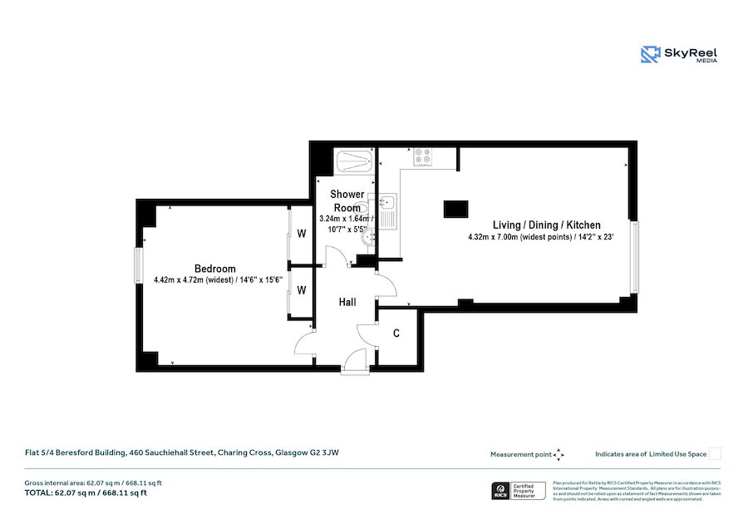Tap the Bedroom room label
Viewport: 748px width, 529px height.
[215, 269]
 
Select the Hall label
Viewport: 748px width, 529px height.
[347, 302]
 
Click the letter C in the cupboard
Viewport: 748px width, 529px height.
[396, 334]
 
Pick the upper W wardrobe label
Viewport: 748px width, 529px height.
[302, 234]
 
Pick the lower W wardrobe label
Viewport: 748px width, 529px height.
[302, 290]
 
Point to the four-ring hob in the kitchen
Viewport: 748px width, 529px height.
[423, 156]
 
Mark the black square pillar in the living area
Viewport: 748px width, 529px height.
[455, 210]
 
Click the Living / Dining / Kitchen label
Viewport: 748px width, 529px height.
[546, 225]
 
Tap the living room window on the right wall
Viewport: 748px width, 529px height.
[637, 257]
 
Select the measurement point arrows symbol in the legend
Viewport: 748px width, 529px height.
[559, 454]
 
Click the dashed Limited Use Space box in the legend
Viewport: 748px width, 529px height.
[715, 454]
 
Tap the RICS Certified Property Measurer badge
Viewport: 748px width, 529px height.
[517, 492]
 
